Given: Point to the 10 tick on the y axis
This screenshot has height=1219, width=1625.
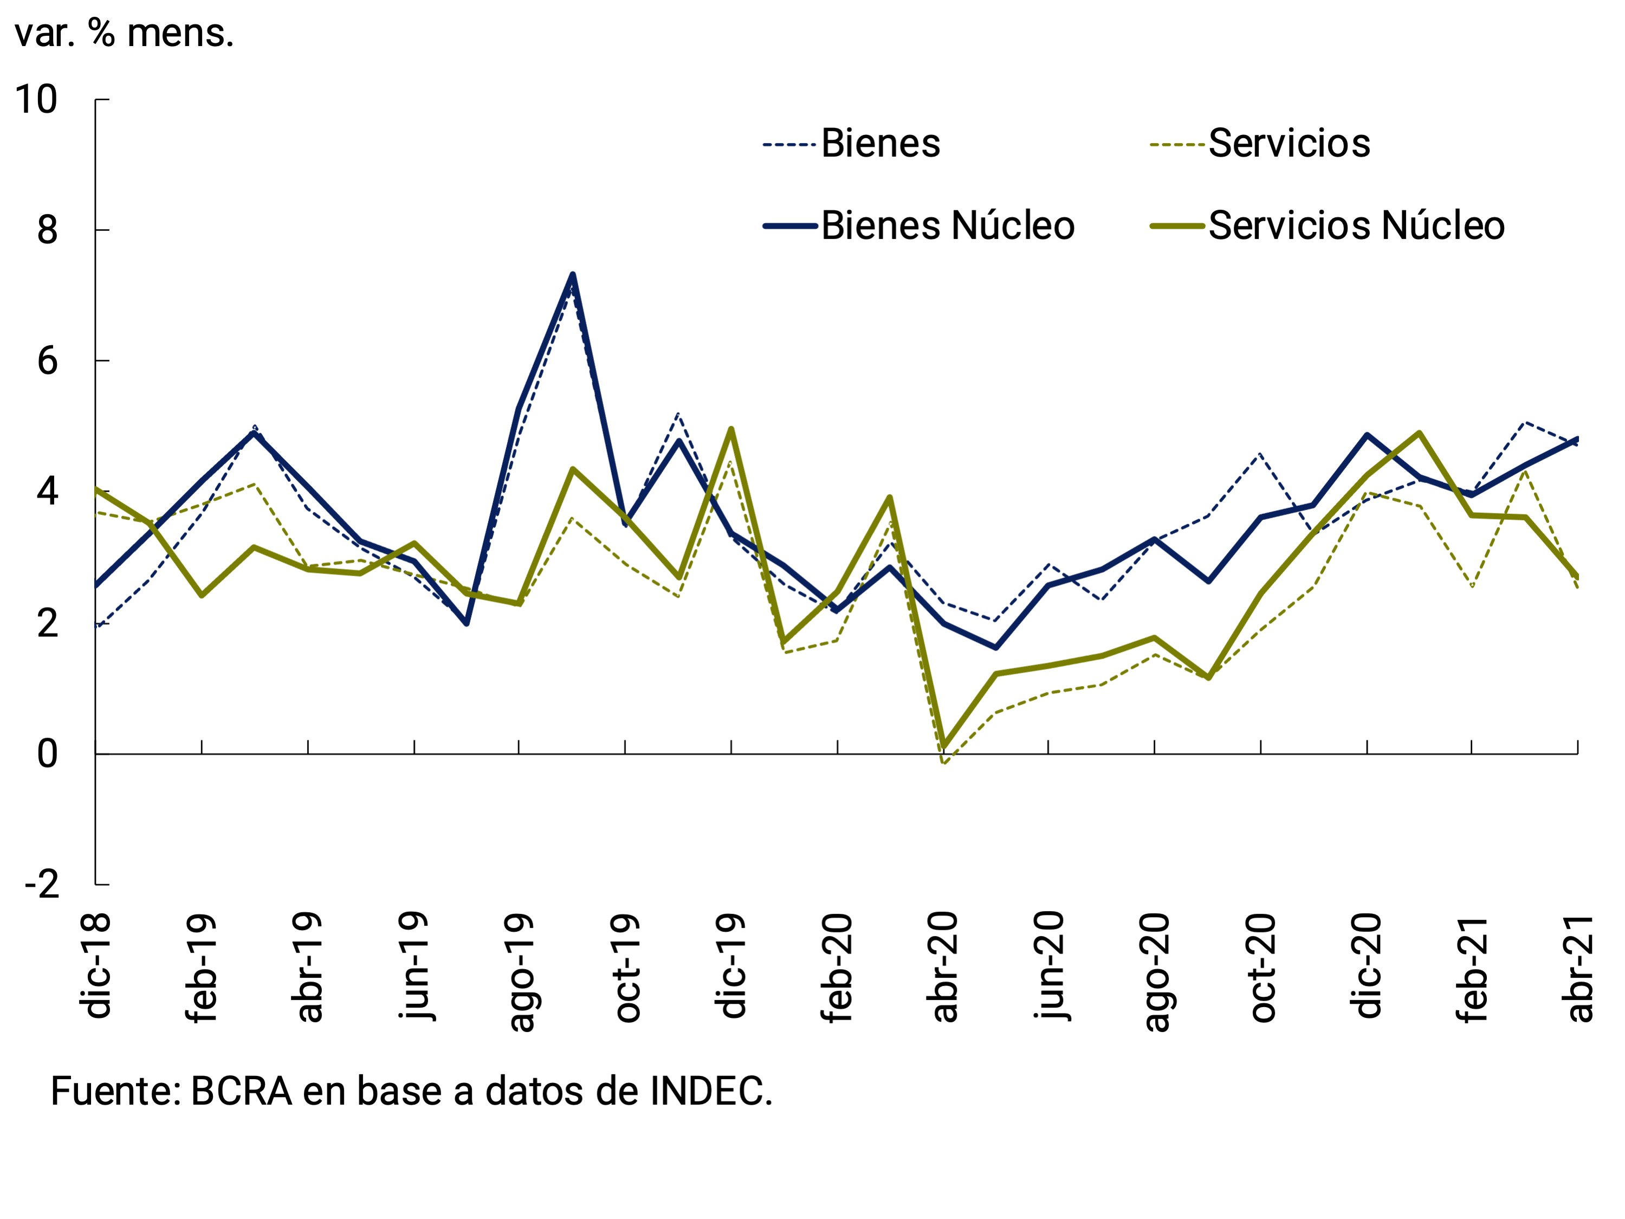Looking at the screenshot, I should pyautogui.click(x=36, y=99).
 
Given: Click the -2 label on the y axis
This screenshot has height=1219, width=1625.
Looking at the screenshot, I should pyautogui.click(x=42, y=885).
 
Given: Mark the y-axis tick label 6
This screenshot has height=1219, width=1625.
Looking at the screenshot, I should pyautogui.click(x=47, y=361).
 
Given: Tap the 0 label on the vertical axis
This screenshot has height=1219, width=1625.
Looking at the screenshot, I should pyautogui.click(x=47, y=754).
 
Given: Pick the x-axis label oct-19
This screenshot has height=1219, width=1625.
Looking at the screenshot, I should pyautogui.click(x=626, y=968).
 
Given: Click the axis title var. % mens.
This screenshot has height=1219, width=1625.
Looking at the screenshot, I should pyautogui.click(x=124, y=33).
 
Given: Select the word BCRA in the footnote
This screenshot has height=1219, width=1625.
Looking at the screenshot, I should pyautogui.click(x=242, y=1091).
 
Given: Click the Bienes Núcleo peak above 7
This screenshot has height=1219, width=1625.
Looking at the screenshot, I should pyautogui.click(x=573, y=275).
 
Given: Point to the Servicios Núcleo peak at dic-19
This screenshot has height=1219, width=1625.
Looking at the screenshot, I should pyautogui.click(x=731, y=429).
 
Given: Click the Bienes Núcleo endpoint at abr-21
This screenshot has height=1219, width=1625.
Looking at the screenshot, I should pyautogui.click(x=1577, y=440).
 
